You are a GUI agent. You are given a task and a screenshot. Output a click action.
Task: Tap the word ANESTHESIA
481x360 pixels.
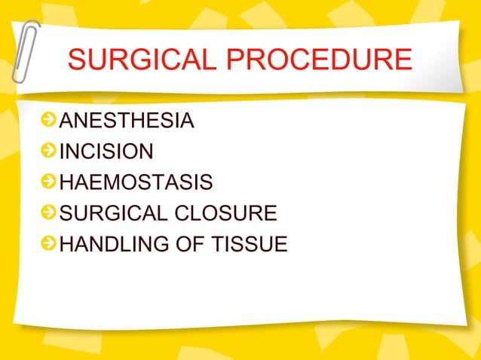pyautogui.click(x=127, y=121)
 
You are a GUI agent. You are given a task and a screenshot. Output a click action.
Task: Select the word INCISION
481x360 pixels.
pyautogui.click(x=106, y=151)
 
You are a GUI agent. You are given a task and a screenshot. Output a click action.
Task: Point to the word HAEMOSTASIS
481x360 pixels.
pyautogui.click(x=136, y=183)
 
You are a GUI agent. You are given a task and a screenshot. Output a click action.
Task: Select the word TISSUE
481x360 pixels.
pyautogui.click(x=250, y=245)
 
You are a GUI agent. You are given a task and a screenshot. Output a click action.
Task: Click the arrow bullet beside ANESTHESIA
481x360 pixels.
pyautogui.click(x=48, y=121)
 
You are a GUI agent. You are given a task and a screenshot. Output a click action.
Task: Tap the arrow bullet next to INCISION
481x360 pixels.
pyautogui.click(x=48, y=151)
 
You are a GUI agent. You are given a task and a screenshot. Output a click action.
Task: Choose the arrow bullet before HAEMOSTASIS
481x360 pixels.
pyautogui.click(x=48, y=183)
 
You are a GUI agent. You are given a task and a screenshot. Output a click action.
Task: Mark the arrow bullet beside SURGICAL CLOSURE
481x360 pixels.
pyautogui.click(x=48, y=214)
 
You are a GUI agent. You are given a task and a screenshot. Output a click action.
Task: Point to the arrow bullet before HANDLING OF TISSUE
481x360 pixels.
pyautogui.click(x=48, y=245)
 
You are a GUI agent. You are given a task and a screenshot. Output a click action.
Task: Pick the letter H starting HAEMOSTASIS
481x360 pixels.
pyautogui.click(x=66, y=183)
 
